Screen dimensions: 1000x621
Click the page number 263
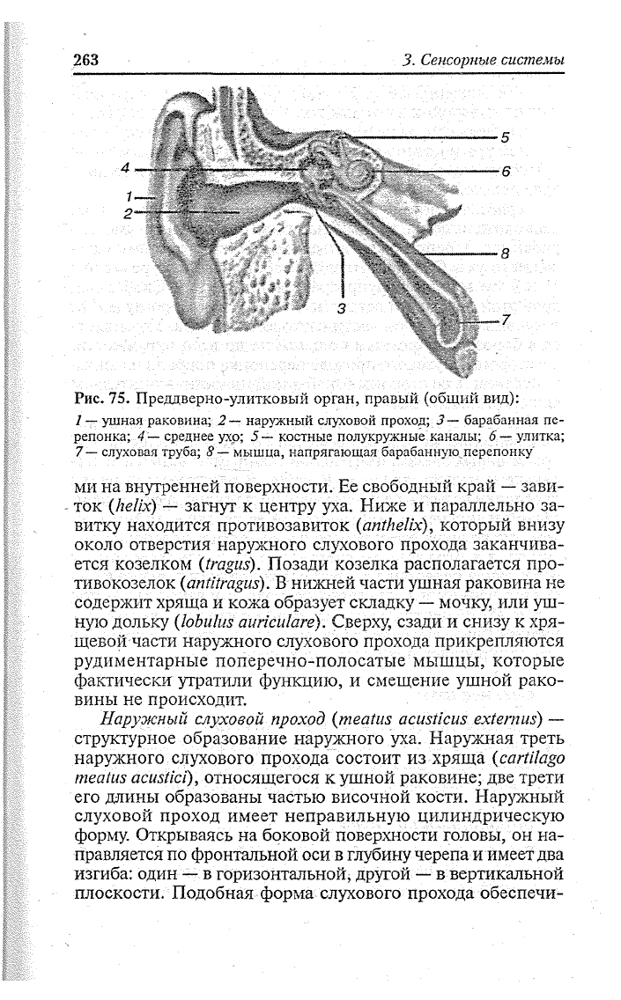[x=85, y=59]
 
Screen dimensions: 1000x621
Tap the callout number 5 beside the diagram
[x=506, y=137]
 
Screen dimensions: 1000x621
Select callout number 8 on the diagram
[x=506, y=254]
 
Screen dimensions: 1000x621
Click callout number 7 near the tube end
[x=506, y=320]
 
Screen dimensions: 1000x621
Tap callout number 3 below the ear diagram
[x=342, y=308]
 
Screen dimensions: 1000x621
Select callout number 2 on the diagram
[x=129, y=213]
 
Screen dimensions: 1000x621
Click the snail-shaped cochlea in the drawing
[x=361, y=173]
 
